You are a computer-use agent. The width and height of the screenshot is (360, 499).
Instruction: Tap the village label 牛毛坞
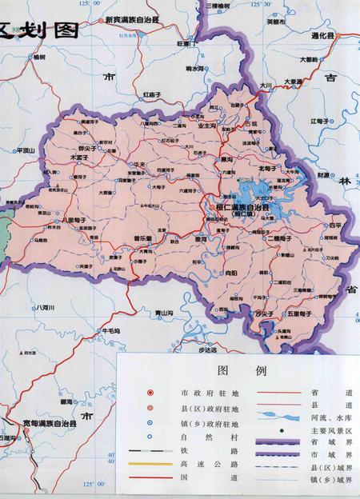pos(110,330)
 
